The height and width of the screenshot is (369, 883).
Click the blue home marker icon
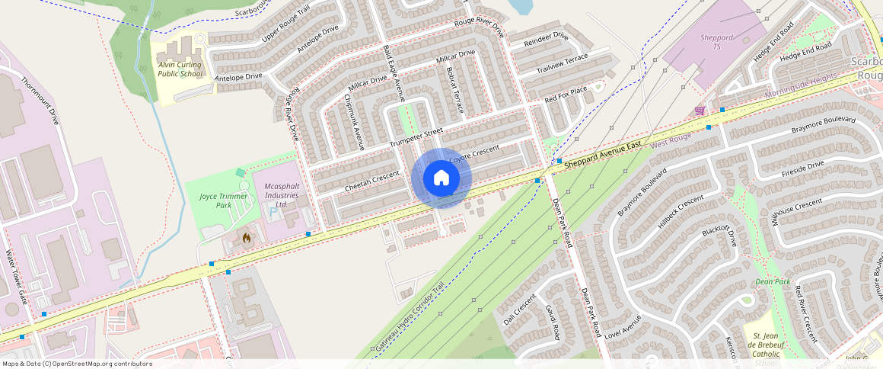click(441, 178)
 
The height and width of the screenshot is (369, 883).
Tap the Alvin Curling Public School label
click(180, 69)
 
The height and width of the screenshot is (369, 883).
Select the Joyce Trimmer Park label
click(215, 201)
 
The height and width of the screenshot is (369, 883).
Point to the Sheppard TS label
click(716, 41)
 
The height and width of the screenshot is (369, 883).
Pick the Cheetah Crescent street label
click(372, 181)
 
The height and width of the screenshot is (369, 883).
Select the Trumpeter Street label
click(416, 138)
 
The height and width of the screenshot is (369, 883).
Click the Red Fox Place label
click(566, 95)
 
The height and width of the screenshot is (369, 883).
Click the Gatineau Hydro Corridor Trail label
click(408, 319)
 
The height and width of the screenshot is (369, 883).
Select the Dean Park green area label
click(772, 281)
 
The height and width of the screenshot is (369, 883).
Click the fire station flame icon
click(246, 238)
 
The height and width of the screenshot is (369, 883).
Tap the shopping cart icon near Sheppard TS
click(699, 111)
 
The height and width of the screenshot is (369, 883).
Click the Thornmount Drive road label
click(40, 101)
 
